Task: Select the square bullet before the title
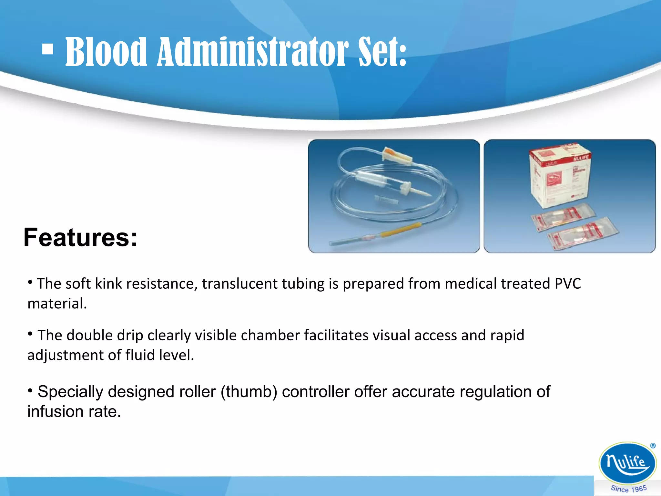(48, 50)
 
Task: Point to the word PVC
(567, 284)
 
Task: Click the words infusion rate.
(74, 412)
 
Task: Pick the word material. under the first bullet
(57, 304)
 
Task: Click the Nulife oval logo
(627, 463)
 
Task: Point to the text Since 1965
(628, 489)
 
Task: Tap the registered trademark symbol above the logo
(653, 446)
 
